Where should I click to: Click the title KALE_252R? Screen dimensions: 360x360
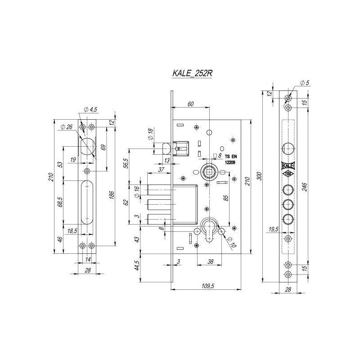192,73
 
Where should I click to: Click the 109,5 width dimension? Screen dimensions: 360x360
208,286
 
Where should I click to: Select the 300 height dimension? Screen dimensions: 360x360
260,176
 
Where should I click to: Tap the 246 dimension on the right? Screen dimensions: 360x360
305,187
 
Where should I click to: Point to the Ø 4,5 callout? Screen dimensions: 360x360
90,109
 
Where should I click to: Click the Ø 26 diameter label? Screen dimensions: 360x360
67,127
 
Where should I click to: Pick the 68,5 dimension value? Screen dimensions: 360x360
60,202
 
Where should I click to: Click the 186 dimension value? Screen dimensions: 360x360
112,195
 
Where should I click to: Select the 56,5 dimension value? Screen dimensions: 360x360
126,163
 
